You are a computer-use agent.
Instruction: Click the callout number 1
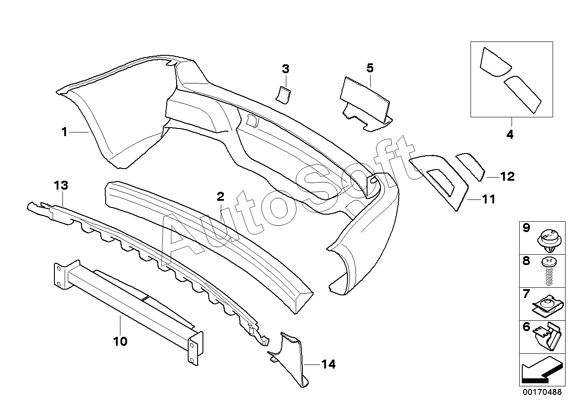pyautogui.click(x=64, y=132)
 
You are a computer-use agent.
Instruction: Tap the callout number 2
pyautogui.click(x=220, y=197)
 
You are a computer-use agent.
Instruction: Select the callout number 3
pyautogui.click(x=285, y=69)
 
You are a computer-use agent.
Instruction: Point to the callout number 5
pyautogui.click(x=370, y=68)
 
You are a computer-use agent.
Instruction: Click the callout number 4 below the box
pyautogui.click(x=510, y=135)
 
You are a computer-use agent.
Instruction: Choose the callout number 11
pyautogui.click(x=489, y=199)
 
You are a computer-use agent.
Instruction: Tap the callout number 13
pyautogui.click(x=61, y=185)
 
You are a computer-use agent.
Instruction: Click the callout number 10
pyautogui.click(x=120, y=341)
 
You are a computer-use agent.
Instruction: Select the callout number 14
pyautogui.click(x=329, y=364)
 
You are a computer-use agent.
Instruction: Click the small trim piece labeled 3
pyautogui.click(x=283, y=95)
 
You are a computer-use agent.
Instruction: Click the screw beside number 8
pyautogui.click(x=549, y=272)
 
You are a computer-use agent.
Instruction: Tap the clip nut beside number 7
pyautogui.click(x=548, y=307)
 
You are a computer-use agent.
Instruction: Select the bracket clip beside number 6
pyautogui.click(x=548, y=337)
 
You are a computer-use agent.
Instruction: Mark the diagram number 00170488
pyautogui.click(x=542, y=392)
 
